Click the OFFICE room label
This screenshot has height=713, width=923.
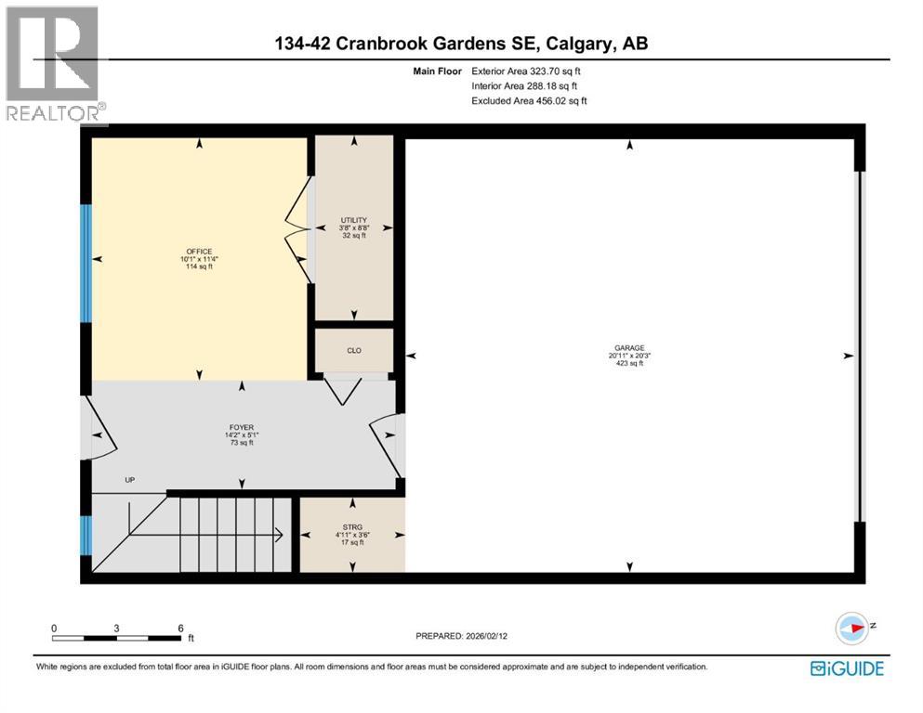coord(199,252)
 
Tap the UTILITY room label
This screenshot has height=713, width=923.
coord(353,220)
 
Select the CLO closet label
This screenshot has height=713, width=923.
coord(353,350)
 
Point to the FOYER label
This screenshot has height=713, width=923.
coord(243,428)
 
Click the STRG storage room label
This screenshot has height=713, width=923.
coord(352,526)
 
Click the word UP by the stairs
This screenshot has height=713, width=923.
coord(130,480)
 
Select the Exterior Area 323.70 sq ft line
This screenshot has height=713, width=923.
coord(531,71)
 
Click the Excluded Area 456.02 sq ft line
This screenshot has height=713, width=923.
coord(529,100)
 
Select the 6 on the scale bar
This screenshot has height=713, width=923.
coord(180,628)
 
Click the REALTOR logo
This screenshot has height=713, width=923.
coord(53,65)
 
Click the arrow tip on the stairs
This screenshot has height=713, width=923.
coord(281,534)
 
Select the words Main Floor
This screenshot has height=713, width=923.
coord(437,71)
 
